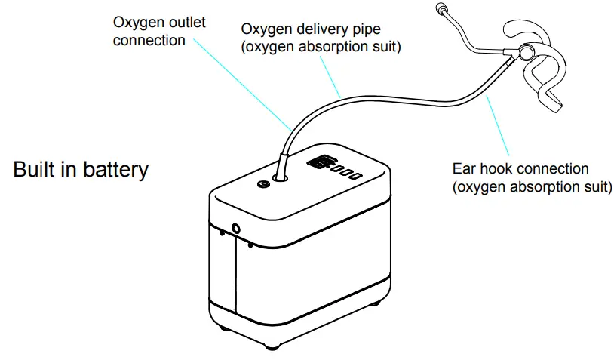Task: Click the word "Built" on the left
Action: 33,169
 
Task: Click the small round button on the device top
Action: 262,183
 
